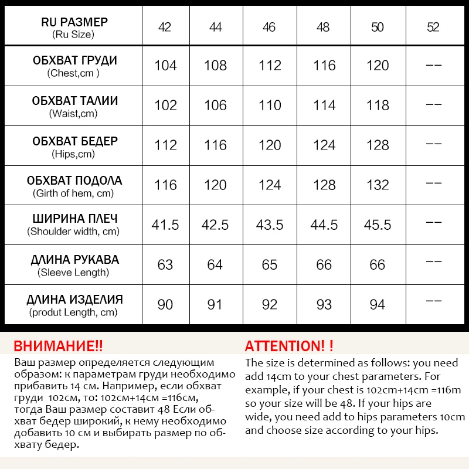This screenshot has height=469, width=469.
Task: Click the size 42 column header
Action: coord(165,27)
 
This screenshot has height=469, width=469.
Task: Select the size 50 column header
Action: coord(378,27)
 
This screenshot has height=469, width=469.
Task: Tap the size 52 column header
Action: coord(433,27)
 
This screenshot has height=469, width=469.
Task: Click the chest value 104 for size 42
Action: coord(165,65)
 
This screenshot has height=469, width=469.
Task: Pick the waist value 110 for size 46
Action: coord(270,105)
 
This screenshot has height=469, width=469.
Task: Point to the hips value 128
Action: coord(378,145)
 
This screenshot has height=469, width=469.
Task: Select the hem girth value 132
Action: coord(378,185)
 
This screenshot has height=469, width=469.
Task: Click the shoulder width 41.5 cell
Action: coord(165,225)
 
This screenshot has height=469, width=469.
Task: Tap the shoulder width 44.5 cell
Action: coord(324,225)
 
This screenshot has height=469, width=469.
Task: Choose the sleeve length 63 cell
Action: coord(165,264)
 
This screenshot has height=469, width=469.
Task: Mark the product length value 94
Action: coord(378,304)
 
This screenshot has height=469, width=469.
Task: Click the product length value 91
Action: coord(215,304)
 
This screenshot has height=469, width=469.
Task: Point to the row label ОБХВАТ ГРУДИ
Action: coord(74,60)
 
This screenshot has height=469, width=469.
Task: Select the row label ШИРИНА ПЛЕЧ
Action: coord(74,220)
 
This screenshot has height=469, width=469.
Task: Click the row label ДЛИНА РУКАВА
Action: coord(74,260)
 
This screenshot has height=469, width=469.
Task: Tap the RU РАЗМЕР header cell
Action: coord(74,22)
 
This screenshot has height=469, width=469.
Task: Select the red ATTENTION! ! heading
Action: coord(289,346)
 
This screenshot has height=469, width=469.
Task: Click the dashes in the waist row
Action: coord(433,105)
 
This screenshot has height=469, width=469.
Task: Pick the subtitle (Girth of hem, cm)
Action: coord(73,193)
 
